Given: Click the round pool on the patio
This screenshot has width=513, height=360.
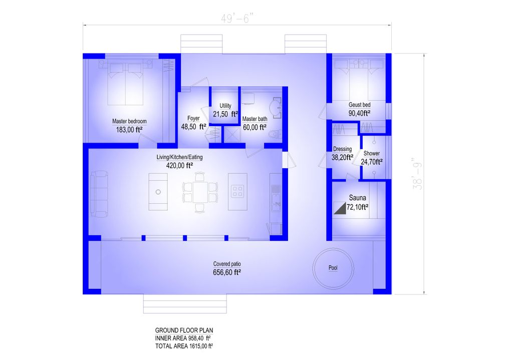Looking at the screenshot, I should pos(333,268).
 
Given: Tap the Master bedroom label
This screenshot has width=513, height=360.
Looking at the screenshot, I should pos(129,122).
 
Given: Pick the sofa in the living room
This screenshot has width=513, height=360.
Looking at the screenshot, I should pos(99,192).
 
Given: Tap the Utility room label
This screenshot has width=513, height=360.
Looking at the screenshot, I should pos(225,106).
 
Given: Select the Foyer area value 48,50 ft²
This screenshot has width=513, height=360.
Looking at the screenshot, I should pos(194,127).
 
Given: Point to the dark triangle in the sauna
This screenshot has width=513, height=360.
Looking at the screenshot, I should pos(341,209).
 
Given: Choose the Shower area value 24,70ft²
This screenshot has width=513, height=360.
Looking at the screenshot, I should pos(372,162).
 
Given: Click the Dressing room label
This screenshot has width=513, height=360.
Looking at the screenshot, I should pos(343,149).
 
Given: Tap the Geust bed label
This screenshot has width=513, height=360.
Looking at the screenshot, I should pos(360,105).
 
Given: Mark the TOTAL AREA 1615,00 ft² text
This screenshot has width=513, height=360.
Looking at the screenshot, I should pos(184,346).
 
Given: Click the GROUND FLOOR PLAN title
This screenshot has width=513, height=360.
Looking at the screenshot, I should pos(184,330).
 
